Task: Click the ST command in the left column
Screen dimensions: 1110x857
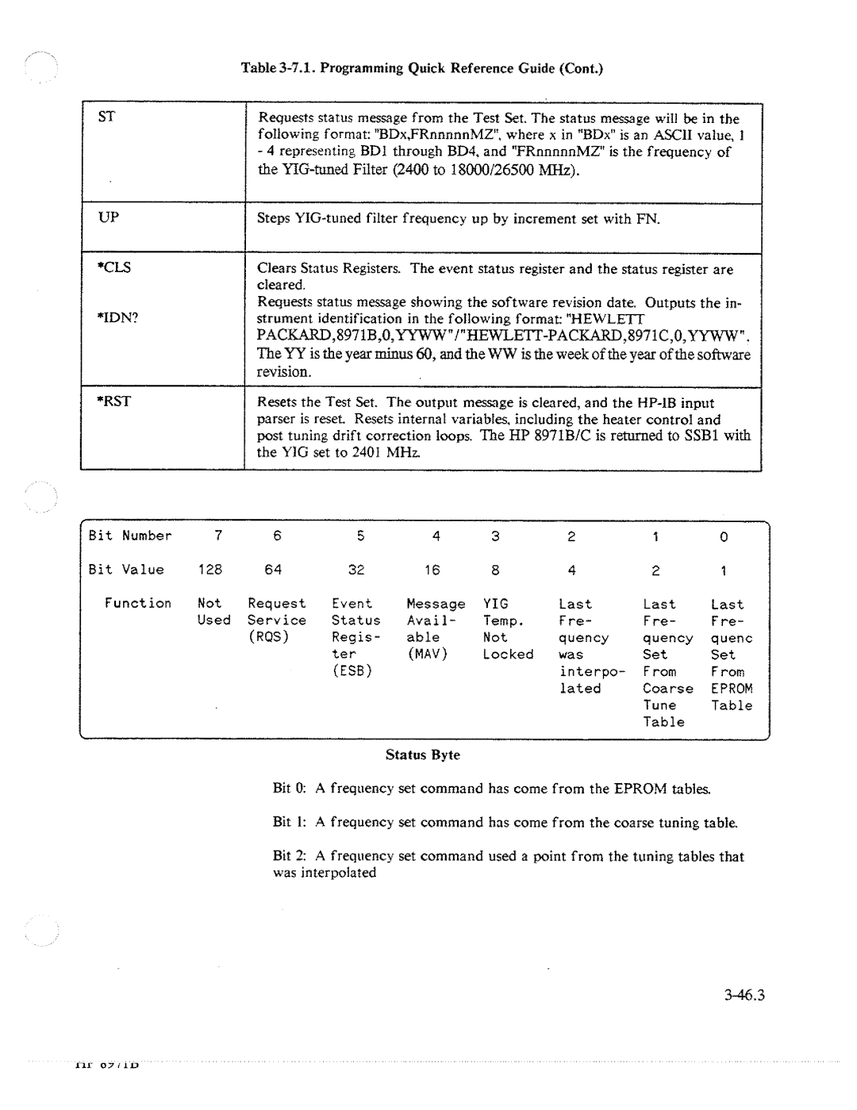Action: click(107, 117)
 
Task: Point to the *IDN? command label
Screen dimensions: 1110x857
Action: click(114, 317)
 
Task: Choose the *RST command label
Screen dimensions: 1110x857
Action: click(114, 401)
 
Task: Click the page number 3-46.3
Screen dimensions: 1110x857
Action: click(743, 996)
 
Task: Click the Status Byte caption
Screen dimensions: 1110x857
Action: click(422, 755)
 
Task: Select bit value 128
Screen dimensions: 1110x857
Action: click(210, 570)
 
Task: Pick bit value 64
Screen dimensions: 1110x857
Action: click(273, 570)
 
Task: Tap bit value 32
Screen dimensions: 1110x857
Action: click(355, 570)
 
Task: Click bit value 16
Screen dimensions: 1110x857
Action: click(432, 570)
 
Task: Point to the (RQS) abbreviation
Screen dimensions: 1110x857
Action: click(268, 637)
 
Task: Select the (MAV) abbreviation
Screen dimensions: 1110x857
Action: click(428, 655)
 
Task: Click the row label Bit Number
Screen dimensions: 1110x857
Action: click(130, 536)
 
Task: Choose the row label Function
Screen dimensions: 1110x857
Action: click(138, 603)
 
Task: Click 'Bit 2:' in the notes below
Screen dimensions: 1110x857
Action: click(290, 855)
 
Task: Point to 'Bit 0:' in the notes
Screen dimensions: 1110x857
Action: click(290, 788)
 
